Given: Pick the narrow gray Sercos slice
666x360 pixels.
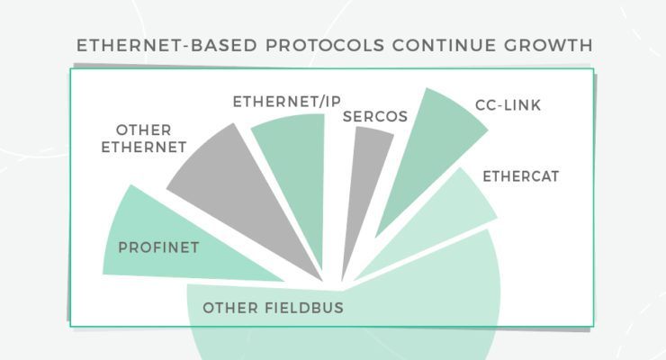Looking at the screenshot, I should [x=364, y=180].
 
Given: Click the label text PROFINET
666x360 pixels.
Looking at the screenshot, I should [x=158, y=245].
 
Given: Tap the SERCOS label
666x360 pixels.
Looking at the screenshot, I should [x=375, y=117].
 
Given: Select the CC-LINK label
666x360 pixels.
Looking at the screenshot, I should [x=509, y=106].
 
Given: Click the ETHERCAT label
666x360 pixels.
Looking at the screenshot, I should [x=521, y=176].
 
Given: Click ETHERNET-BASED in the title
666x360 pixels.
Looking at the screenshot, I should [x=148, y=44].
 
